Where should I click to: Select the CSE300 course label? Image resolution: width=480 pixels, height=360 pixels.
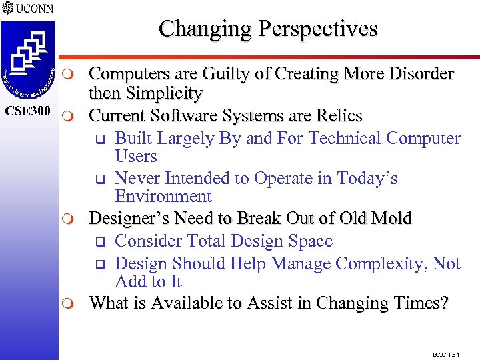point(28,109)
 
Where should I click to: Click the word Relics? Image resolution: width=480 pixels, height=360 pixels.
point(337,116)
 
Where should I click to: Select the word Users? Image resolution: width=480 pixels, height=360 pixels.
point(136,157)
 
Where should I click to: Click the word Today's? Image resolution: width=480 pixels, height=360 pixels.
point(367,179)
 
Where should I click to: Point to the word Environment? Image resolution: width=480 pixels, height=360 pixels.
point(163,197)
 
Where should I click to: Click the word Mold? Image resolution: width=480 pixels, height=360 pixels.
point(391,219)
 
